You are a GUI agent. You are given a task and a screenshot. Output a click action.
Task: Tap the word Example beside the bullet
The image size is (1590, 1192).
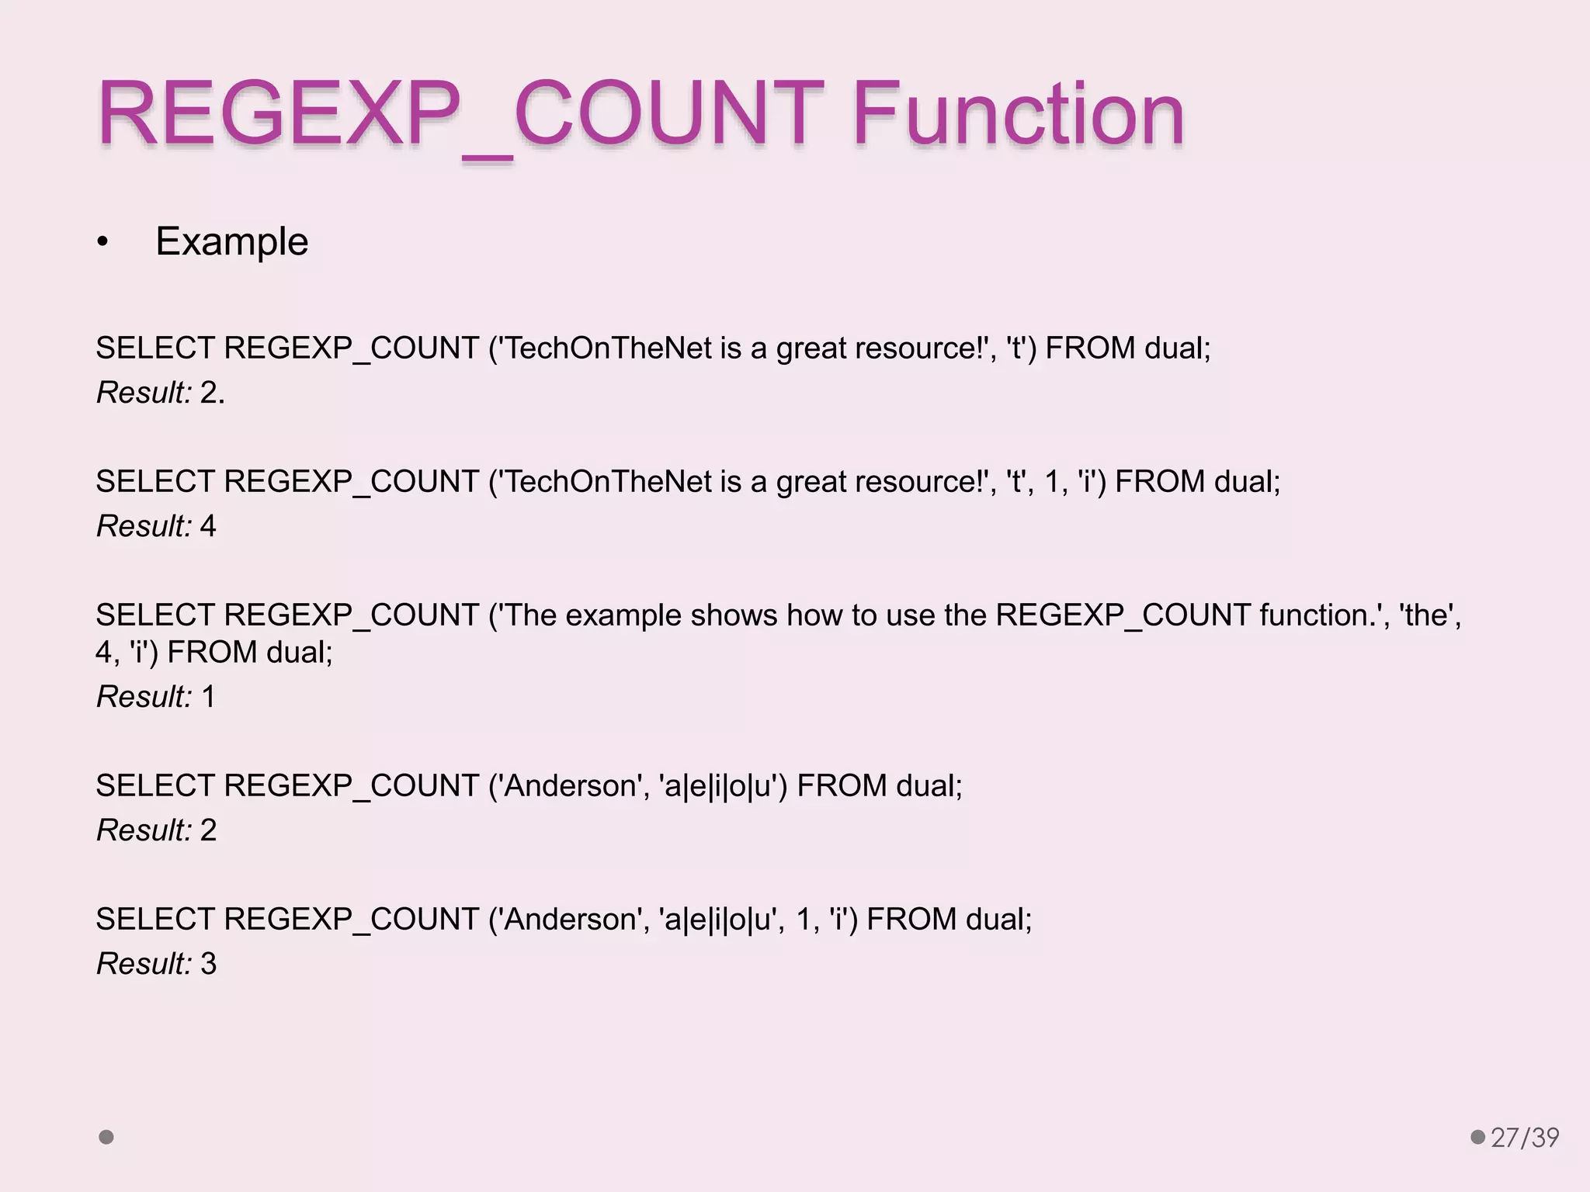click(x=231, y=241)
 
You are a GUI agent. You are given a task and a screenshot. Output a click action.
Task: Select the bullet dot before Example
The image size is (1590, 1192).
click(x=102, y=243)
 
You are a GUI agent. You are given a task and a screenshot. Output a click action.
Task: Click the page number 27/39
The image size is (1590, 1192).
click(x=1525, y=1138)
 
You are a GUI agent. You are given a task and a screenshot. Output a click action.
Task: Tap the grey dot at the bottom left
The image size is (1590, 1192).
click(x=106, y=1137)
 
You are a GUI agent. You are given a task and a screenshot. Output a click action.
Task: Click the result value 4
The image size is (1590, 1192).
click(x=208, y=526)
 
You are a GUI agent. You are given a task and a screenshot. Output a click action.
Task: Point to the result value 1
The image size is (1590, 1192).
click(x=208, y=697)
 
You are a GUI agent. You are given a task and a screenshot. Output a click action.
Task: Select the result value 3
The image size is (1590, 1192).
click(x=208, y=964)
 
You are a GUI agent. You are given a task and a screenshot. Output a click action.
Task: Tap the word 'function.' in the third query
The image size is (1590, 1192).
click(x=1318, y=615)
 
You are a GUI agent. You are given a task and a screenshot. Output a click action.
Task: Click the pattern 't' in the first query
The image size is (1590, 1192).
click(x=1016, y=348)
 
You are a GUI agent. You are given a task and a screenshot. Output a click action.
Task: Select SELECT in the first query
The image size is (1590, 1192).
click(x=155, y=348)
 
